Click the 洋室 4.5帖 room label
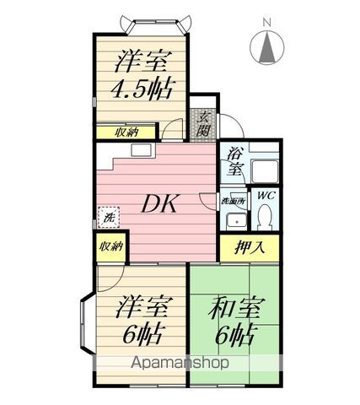coord(138,75)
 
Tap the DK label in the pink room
coord(157,202)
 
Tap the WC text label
coord(266,196)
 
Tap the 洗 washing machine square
coord(108,217)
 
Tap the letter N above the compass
coord(266,20)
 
